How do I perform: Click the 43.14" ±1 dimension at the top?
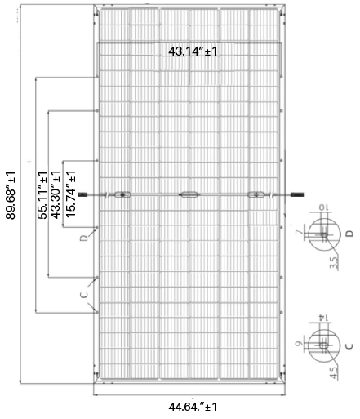click(193, 51)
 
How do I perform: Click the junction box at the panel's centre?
click(189, 194)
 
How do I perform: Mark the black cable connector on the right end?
click(295, 194)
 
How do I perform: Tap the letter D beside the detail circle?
click(349, 234)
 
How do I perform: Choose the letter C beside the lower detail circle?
click(349, 345)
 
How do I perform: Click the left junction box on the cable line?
click(122, 194)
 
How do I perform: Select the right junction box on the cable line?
click(256, 194)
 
